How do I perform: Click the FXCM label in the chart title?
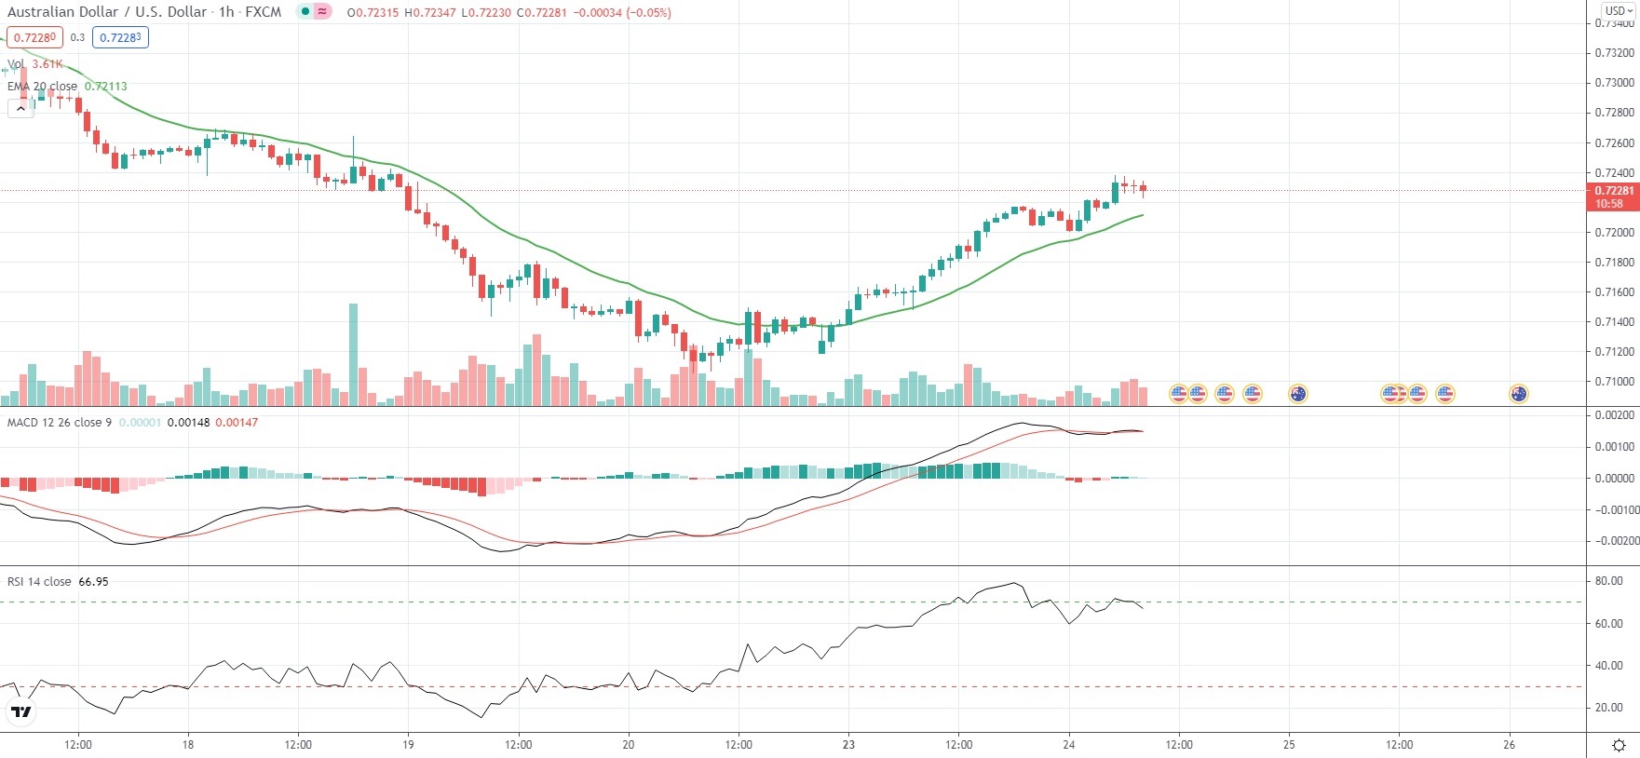263,12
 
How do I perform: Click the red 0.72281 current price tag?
1612,191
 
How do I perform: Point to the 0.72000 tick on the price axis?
1614,233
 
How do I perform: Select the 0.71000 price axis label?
1614,382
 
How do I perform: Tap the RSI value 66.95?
93,582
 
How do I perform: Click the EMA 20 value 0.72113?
105,87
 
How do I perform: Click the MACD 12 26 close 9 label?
60,423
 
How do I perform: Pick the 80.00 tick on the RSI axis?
1608,581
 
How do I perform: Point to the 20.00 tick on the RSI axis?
1608,708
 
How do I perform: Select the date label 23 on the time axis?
848,745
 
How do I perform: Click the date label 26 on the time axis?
1510,745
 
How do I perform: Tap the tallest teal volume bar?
353,354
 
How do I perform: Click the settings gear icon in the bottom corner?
1619,745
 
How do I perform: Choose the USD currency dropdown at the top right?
1619,11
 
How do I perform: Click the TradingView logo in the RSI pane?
20,712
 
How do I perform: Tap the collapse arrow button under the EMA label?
20,108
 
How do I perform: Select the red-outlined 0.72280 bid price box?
34,37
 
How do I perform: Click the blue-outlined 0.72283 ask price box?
120,37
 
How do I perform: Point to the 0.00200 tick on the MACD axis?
1614,415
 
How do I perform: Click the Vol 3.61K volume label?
35,64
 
